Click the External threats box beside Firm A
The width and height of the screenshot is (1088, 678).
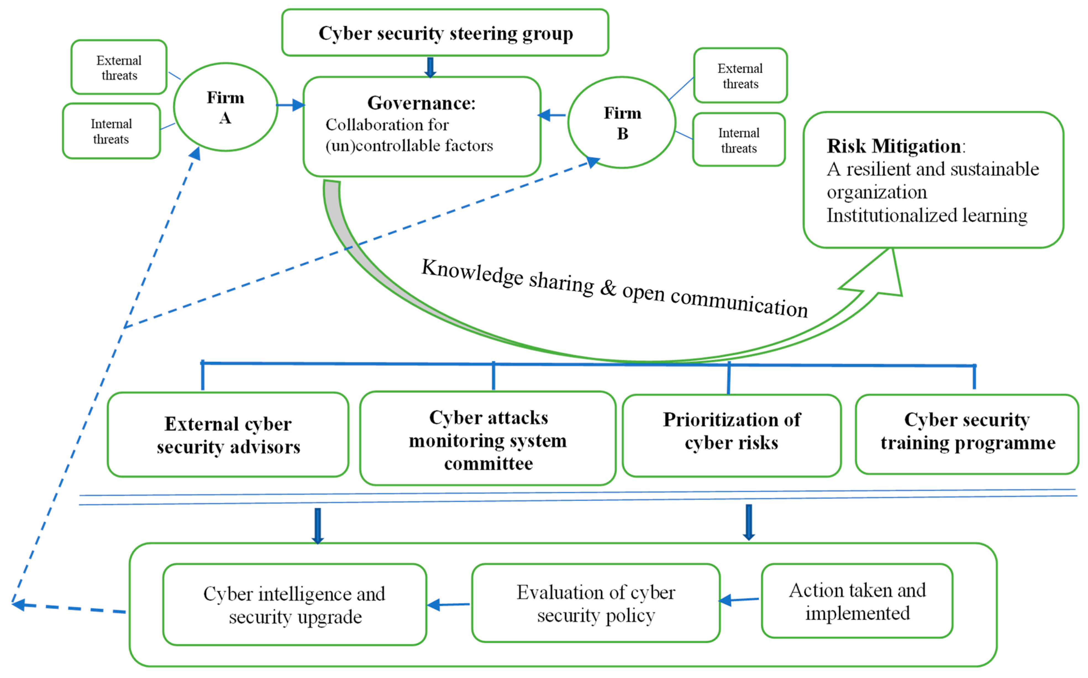point(119,67)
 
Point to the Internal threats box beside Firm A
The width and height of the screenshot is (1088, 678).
point(111,131)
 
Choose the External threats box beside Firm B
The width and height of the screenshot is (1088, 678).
point(740,75)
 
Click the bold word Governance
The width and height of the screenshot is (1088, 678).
point(421,103)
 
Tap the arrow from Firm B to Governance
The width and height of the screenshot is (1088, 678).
point(552,115)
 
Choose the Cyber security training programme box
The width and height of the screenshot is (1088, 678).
point(967,434)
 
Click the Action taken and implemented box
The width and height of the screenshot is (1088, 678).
point(857,601)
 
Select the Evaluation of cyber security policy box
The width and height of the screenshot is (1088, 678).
point(595,603)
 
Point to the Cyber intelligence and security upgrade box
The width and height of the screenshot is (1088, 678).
point(294,605)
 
